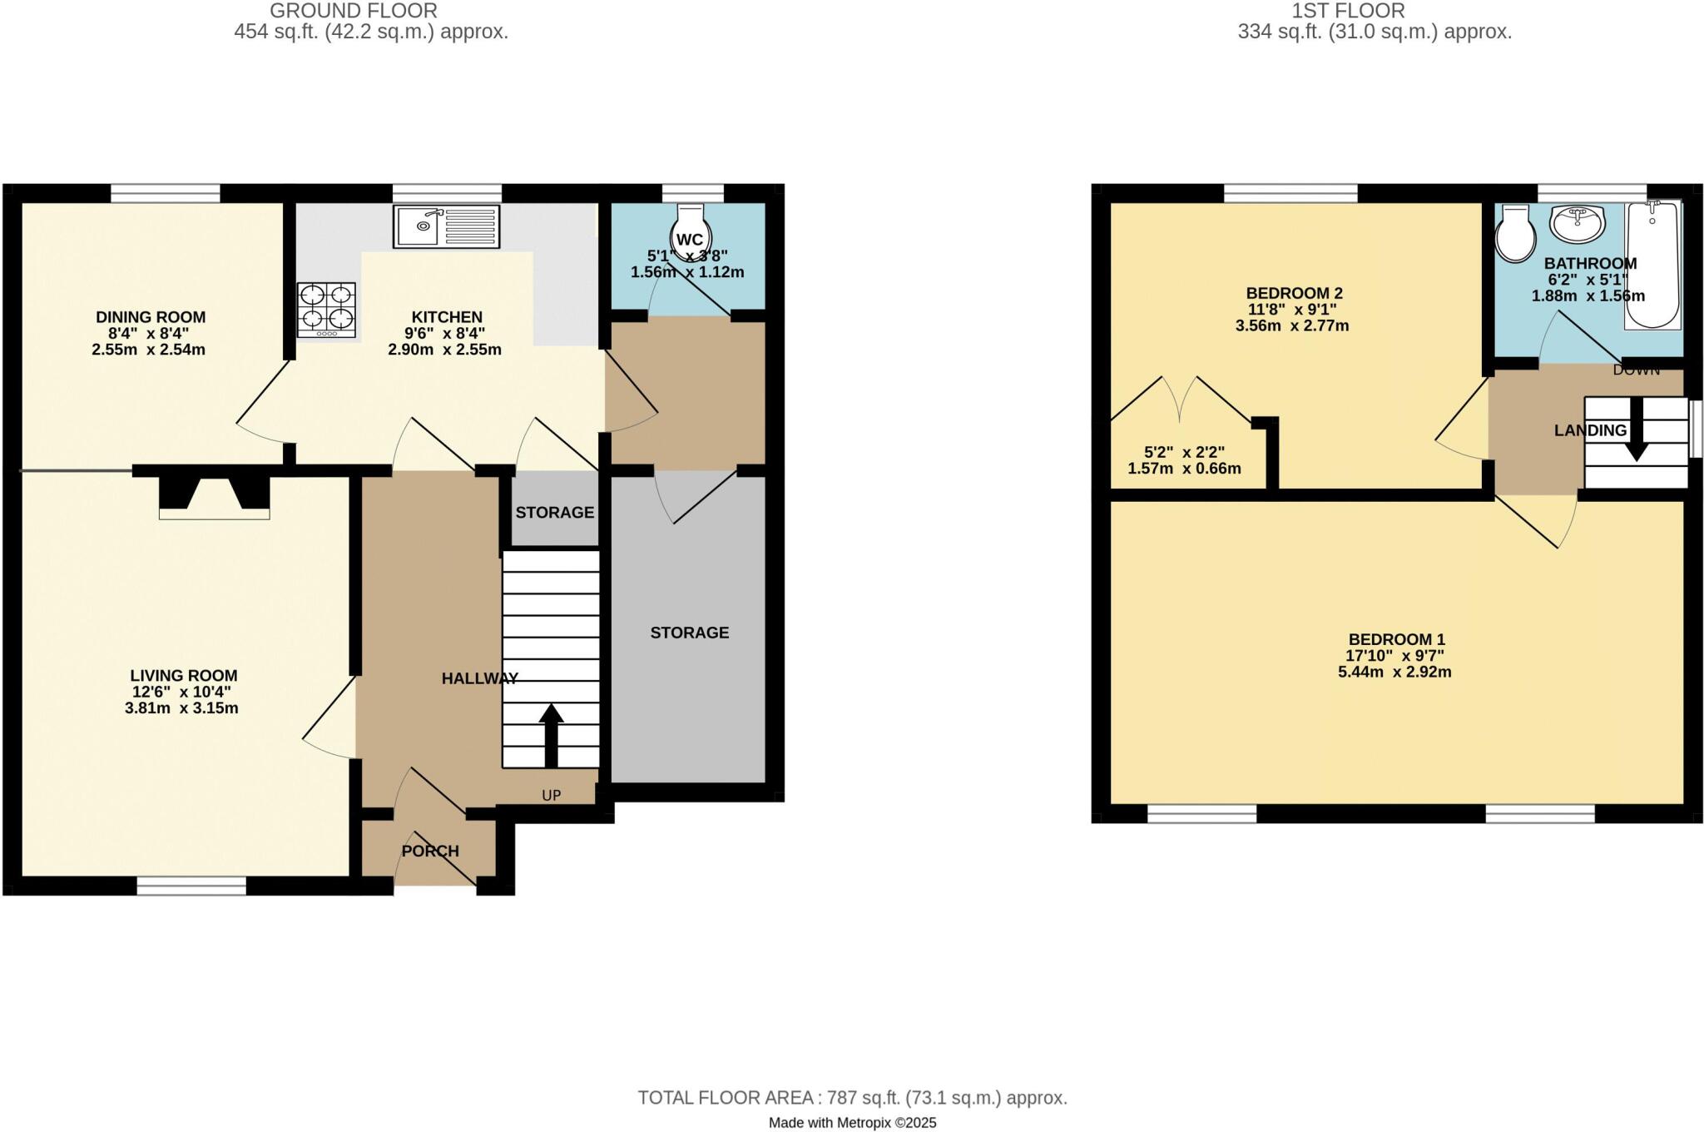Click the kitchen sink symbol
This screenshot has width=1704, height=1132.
[x=447, y=226]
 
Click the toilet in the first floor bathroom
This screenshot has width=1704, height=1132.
[x=1514, y=235]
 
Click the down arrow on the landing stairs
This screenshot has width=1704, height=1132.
[x=1636, y=429]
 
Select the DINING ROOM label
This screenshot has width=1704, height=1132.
[x=151, y=317]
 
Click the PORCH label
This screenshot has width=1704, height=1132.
[x=430, y=851]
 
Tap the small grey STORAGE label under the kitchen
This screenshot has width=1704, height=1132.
[x=554, y=513]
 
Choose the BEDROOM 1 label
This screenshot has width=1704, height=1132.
[x=1396, y=639]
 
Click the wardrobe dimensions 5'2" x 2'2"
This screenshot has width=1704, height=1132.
[x=1184, y=453]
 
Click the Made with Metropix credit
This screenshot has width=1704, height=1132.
[x=852, y=1123]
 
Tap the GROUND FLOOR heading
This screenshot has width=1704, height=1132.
[x=354, y=11]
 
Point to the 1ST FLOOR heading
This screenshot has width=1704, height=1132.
[x=1348, y=11]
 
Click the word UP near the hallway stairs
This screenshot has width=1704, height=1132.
[x=552, y=795]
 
